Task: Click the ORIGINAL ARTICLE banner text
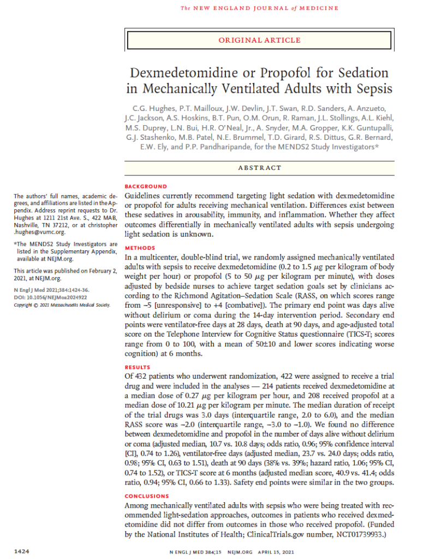[259, 40]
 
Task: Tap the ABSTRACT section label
[259, 168]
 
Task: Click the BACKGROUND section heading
[146, 186]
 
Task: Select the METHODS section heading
[140, 248]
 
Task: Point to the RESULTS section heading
[139, 368]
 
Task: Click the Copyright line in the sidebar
[61, 304]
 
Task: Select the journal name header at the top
[259, 8]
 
